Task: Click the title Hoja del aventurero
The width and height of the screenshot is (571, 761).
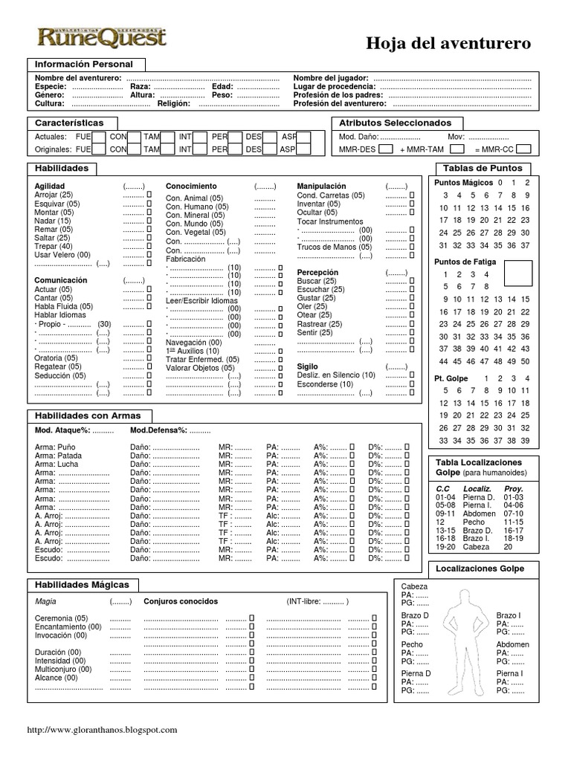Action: tap(448, 44)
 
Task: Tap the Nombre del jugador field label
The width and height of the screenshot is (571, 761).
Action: tap(330, 78)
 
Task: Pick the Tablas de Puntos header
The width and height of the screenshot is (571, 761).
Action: tap(483, 168)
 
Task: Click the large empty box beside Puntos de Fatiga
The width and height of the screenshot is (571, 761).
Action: tap(519, 273)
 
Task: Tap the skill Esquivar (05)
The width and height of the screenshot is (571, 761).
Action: tap(57, 204)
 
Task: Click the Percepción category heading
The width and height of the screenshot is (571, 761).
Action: tap(317, 273)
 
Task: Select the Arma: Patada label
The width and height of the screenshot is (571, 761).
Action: tap(59, 456)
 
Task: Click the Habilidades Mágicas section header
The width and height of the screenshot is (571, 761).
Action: tap(82, 585)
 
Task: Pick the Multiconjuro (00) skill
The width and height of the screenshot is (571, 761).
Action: tap(63, 669)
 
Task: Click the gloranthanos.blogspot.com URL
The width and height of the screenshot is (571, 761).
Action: tap(102, 731)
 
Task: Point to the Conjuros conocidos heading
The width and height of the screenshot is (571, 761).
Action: tap(181, 601)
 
